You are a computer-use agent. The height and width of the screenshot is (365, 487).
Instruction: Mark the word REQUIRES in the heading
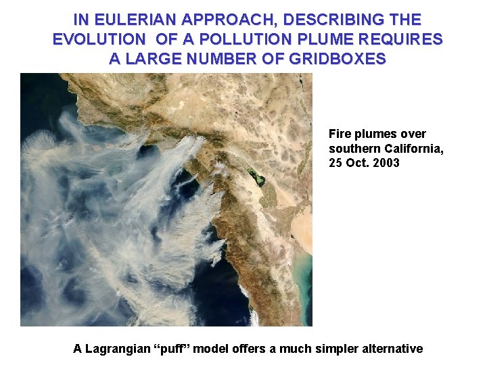pos(404,39)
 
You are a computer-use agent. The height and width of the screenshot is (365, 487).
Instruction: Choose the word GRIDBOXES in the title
pos(338,59)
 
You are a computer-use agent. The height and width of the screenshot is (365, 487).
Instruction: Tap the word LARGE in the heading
pos(154,59)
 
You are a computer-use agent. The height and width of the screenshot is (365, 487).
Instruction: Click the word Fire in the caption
pos(340,134)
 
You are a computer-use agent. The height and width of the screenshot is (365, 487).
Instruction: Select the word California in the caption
pos(413,149)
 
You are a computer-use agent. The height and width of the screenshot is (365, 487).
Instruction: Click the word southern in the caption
pos(354,149)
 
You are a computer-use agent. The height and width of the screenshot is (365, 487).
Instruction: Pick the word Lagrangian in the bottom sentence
pos(117,349)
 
